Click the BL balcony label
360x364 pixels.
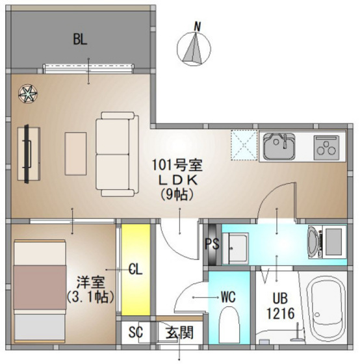coord(80,40)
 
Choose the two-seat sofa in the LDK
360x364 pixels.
coord(117,153)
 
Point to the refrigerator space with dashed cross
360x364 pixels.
coord(244,145)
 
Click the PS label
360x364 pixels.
coord(211,244)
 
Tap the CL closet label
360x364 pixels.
coord(135,268)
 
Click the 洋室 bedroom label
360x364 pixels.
coord(91,283)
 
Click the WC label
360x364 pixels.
coord(227,296)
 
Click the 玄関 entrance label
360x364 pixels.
coord(177,333)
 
